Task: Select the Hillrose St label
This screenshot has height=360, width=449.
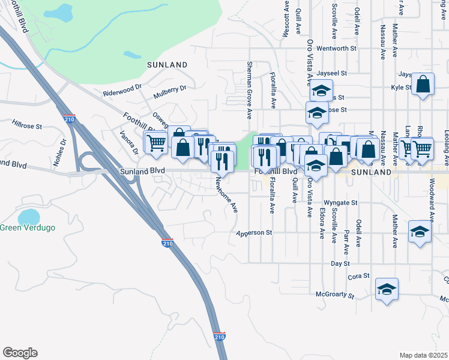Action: [26, 126]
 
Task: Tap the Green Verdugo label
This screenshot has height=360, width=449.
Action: [27, 227]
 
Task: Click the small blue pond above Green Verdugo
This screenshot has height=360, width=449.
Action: [29, 216]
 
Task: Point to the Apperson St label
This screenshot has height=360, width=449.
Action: [255, 232]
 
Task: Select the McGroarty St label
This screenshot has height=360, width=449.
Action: [336, 295]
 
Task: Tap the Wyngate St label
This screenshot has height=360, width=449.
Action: [340, 203]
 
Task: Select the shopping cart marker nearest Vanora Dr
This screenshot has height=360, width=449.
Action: [156, 143]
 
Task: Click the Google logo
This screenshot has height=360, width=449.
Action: [20, 353]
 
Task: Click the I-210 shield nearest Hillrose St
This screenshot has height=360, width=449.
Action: [69, 119]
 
